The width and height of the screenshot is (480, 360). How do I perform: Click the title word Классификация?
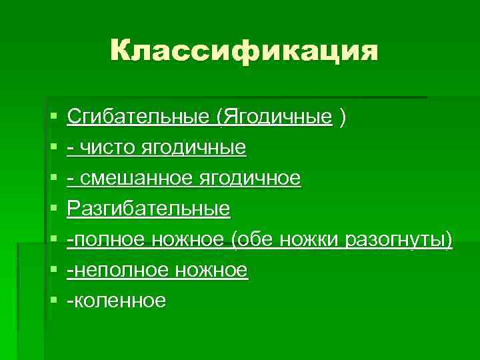[x=243, y=51]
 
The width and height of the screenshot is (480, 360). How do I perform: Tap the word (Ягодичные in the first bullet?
[x=274, y=117]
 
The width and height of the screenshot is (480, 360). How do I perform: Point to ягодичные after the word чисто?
[x=193, y=148]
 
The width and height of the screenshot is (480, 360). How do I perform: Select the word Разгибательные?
[x=149, y=209]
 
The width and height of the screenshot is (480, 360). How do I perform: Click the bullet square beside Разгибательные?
[x=53, y=210]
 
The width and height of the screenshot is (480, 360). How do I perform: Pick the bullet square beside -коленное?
[x=53, y=301]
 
